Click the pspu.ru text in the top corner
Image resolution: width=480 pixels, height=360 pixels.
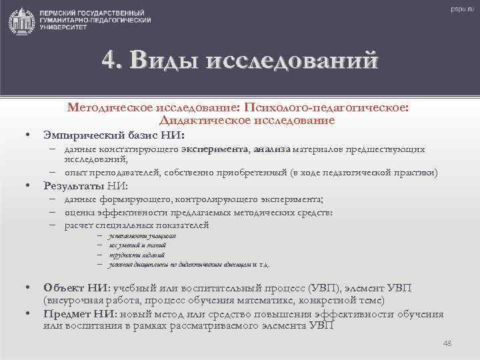[459, 9]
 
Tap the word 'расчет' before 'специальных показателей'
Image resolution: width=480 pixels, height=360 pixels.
[79, 225]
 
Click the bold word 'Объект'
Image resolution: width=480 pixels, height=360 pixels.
[63, 287]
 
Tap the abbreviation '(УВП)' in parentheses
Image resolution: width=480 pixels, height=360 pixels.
[325, 287]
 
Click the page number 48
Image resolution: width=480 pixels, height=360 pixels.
[447, 343]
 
